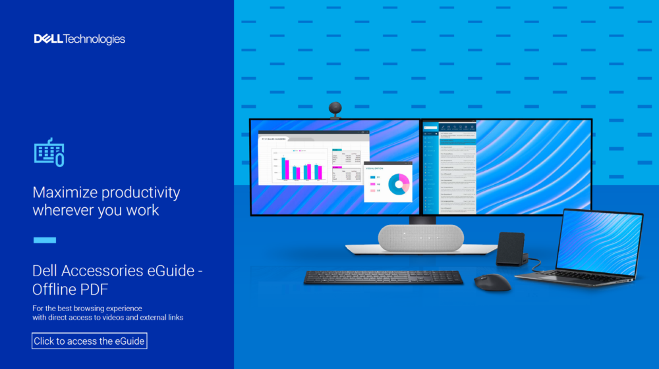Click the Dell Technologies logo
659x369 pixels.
point(79,39)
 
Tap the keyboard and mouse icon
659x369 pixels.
point(49,152)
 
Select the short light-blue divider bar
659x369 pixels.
point(44,240)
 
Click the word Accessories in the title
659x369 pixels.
point(108,271)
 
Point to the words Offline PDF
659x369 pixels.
point(71,289)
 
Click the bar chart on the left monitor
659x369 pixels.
point(301,168)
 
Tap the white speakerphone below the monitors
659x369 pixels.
point(420,237)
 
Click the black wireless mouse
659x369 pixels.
point(492,282)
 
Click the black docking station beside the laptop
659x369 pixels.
point(511,248)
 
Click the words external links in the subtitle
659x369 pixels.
point(158,317)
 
